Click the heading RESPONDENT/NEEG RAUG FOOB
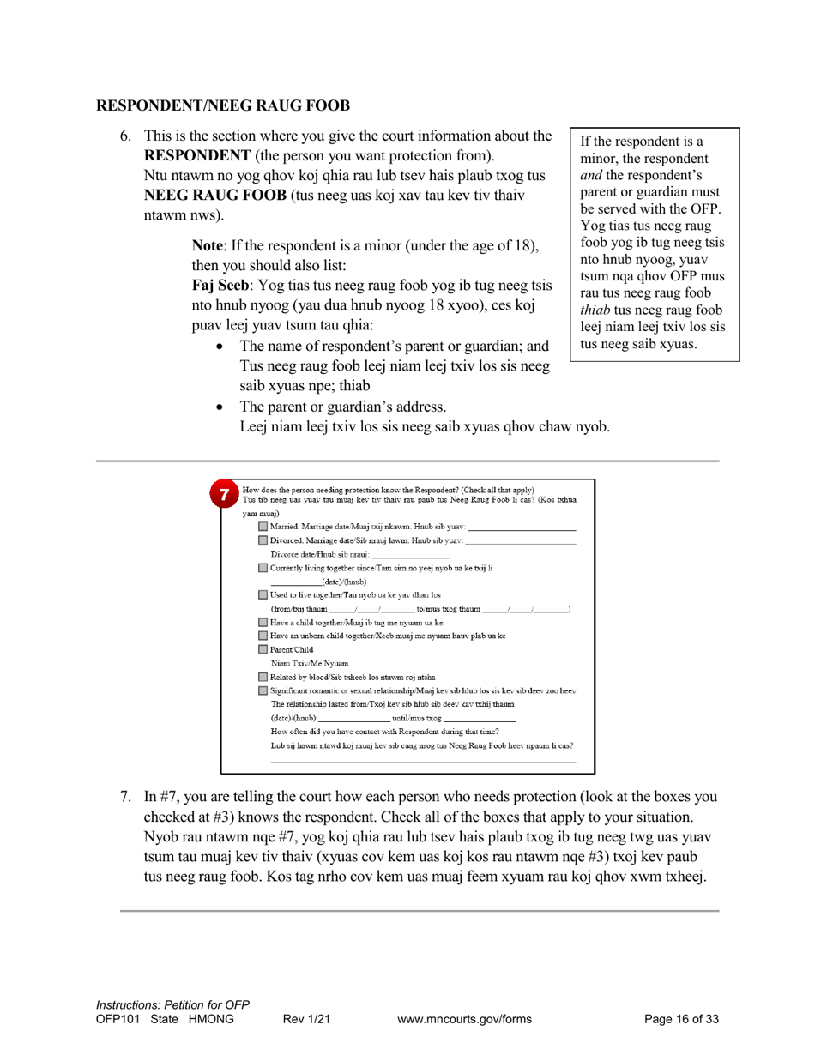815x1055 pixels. click(x=223, y=106)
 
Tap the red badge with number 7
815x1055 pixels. click(x=224, y=495)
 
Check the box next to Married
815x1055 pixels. click(x=263, y=526)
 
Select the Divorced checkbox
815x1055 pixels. click(x=263, y=540)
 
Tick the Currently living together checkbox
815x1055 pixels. click(x=263, y=568)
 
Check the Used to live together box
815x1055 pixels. click(x=263, y=594)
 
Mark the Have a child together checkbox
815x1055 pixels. click(x=263, y=622)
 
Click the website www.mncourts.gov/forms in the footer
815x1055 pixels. click(x=465, y=1020)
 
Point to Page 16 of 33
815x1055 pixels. click(x=681, y=1020)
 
